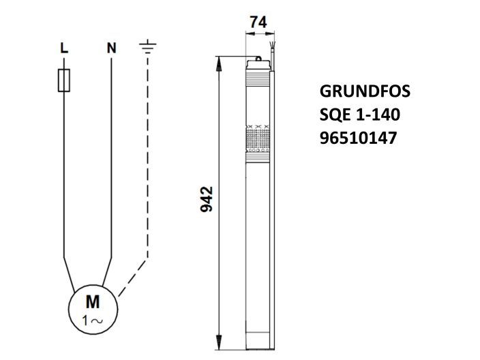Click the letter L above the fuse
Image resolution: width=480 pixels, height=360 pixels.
coord(63,48)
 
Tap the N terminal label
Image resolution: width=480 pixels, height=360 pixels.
coord(111,48)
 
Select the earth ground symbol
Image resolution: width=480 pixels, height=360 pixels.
coord(147,47)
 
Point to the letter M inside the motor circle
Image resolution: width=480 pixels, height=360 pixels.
coord(92,302)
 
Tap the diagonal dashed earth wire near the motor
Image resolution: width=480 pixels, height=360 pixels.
coord(133,276)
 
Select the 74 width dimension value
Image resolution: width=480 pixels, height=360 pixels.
coord(258,22)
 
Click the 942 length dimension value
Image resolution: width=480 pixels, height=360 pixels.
coord(207,198)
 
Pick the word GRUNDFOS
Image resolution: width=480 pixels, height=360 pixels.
coord(365,91)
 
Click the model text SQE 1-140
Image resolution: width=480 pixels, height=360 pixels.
coord(359,115)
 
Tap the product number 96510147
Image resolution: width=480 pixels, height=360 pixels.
coord(358,138)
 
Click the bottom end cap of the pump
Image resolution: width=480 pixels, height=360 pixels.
coord(258,337)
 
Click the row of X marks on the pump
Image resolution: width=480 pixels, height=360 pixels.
coord(258,127)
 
